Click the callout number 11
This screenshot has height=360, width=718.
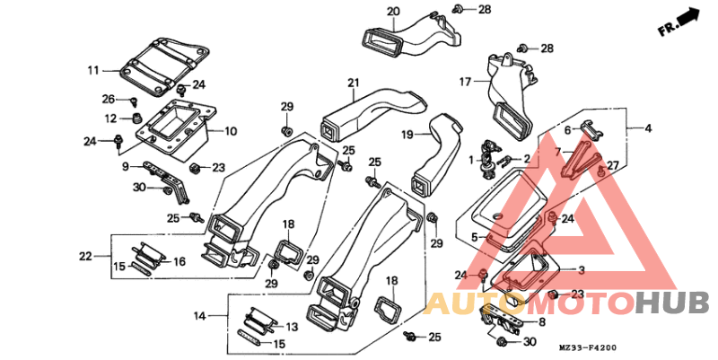(x=93, y=70)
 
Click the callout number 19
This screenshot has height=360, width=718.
(x=407, y=134)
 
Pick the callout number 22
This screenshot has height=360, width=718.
(x=85, y=257)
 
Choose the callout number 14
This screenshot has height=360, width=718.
(x=200, y=315)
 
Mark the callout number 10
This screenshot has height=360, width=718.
(x=230, y=131)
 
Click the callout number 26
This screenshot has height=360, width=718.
(x=109, y=99)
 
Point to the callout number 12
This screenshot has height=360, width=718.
(x=110, y=119)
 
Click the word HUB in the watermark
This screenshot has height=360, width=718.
(x=672, y=303)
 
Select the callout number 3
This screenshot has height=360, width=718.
(x=581, y=270)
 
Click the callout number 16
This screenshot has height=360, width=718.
(x=179, y=261)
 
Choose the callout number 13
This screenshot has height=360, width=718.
(x=291, y=327)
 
